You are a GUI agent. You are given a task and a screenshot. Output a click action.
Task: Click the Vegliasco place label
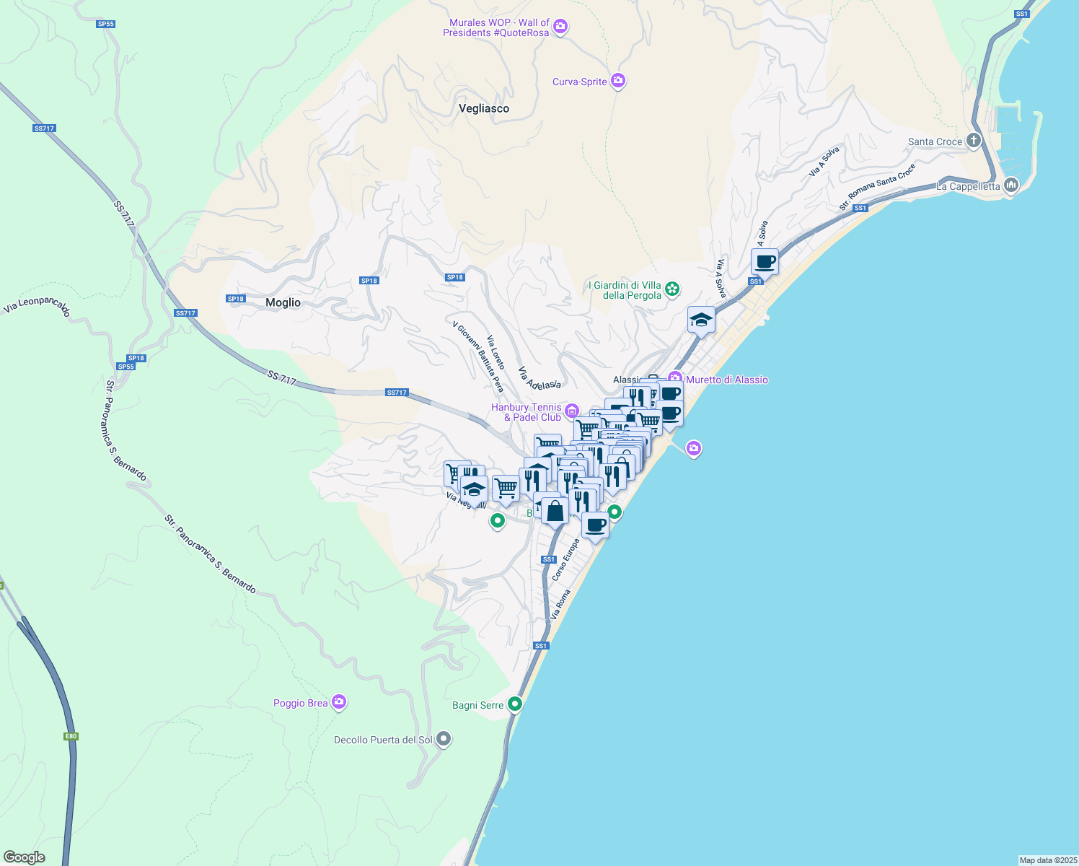(x=484, y=108)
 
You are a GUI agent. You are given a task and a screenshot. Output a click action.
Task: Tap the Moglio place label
(x=283, y=302)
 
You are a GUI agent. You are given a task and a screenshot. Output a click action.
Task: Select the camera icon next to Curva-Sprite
(x=618, y=81)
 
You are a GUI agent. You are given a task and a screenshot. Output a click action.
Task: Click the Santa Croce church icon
(x=974, y=141)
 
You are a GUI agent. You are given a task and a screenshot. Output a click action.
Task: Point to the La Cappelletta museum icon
(x=1011, y=185)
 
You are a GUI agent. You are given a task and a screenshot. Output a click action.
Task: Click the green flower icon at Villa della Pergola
(x=672, y=289)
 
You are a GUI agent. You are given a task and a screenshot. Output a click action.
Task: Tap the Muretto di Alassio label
(x=727, y=380)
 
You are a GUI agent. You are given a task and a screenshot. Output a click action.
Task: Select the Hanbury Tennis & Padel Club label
(x=527, y=412)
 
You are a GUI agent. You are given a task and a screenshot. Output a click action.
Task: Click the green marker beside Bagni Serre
(x=515, y=704)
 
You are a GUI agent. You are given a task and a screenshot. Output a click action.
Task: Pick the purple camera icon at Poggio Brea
(x=339, y=702)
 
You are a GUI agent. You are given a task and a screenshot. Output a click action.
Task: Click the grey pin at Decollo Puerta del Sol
(x=444, y=739)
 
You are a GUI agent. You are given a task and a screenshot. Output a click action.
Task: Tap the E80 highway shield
(x=71, y=736)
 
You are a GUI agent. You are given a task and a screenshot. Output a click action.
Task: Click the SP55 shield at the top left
(x=105, y=24)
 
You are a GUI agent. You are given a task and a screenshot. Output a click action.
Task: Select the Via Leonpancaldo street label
(x=37, y=305)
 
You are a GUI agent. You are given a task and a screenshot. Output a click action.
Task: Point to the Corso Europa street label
(x=565, y=560)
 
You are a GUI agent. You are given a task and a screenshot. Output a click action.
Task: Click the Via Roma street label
(x=560, y=604)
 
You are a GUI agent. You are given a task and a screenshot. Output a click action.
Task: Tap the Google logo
(x=24, y=857)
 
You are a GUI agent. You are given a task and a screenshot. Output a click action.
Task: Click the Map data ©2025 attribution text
(x=1048, y=860)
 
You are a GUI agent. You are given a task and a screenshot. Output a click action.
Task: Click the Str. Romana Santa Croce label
(x=877, y=187)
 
